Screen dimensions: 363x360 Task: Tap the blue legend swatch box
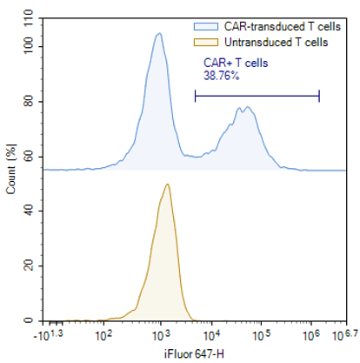point(203,27)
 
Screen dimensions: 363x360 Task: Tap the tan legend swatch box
point(203,41)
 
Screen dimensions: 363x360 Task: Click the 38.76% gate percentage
point(221,76)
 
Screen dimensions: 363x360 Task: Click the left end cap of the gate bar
point(196,96)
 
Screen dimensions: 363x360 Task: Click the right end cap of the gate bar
point(319,96)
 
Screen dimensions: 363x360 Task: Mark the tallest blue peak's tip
point(158,34)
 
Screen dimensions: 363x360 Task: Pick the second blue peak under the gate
point(247,108)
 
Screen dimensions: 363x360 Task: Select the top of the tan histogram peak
point(167,184)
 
